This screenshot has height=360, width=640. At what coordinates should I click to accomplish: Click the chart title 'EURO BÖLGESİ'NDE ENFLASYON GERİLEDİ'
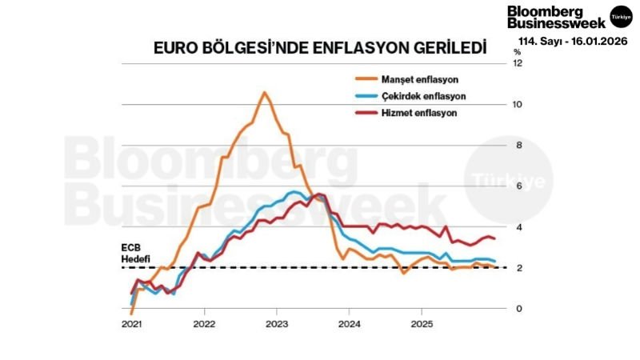[x=320, y=48]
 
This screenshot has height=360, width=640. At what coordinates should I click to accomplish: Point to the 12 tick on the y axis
[x=518, y=63]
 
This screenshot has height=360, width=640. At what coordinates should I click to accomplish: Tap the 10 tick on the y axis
[x=518, y=105]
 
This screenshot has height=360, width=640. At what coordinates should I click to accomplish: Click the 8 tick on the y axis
[x=518, y=146]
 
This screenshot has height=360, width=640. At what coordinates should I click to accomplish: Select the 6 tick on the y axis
[x=518, y=186]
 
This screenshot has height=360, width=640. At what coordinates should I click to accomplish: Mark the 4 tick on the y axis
[x=518, y=227]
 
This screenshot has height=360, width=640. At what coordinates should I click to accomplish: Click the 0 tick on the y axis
[x=518, y=309]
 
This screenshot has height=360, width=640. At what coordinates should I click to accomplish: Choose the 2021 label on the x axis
[x=132, y=325]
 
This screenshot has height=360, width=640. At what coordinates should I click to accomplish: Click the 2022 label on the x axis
[x=205, y=325]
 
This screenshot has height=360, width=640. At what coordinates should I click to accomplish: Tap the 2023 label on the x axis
[x=277, y=325]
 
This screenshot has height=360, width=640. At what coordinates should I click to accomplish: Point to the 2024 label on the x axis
[x=350, y=325]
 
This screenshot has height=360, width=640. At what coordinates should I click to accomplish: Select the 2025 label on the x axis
[x=422, y=325]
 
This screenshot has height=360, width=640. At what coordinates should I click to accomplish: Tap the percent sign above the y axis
[x=517, y=52]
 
